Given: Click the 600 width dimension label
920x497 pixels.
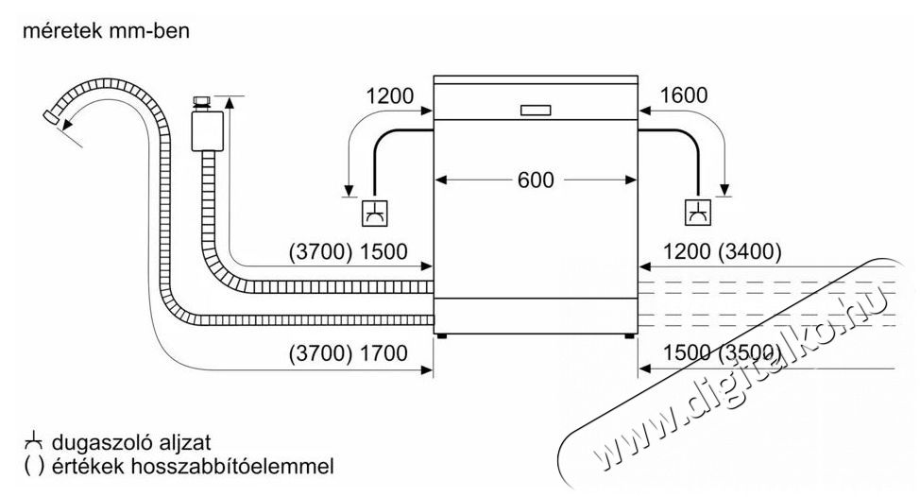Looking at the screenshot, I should pos(536,180).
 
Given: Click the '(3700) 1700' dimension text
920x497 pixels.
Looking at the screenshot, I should pos(348,354).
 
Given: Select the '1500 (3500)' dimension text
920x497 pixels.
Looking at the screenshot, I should pos(723,354).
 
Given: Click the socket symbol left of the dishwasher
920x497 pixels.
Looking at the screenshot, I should pos(374,214).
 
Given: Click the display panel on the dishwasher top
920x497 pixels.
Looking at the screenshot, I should pos(536,109).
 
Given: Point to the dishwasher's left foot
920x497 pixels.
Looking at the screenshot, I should pos(442,334).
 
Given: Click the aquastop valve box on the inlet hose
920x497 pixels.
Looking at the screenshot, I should pos(201,129).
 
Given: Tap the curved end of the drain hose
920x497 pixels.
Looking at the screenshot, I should pos(58,117).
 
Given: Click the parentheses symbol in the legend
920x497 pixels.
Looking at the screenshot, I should pos(33,467).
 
